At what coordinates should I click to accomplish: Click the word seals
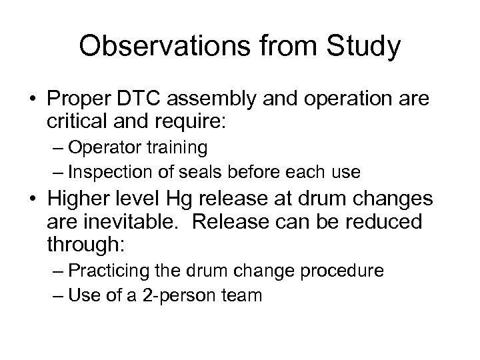(221, 171)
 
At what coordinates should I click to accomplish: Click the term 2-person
(192, 295)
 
